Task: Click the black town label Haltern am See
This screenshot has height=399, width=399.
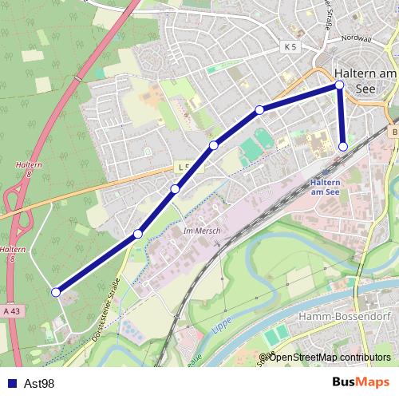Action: click(x=365, y=81)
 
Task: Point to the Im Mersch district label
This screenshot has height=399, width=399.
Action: click(x=200, y=231)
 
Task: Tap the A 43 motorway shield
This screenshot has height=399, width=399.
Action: click(x=10, y=310)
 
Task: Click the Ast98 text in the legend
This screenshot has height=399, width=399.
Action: click(x=39, y=384)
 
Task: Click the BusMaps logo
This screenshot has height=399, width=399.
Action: click(x=360, y=383)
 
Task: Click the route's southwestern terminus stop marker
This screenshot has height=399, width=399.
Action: click(x=56, y=292)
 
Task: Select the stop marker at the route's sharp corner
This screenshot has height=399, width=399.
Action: click(x=339, y=85)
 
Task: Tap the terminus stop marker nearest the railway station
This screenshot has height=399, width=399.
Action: click(x=343, y=147)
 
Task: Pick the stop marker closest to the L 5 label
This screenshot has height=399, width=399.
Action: click(x=175, y=189)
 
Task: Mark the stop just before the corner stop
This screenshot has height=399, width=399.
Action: click(x=259, y=109)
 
